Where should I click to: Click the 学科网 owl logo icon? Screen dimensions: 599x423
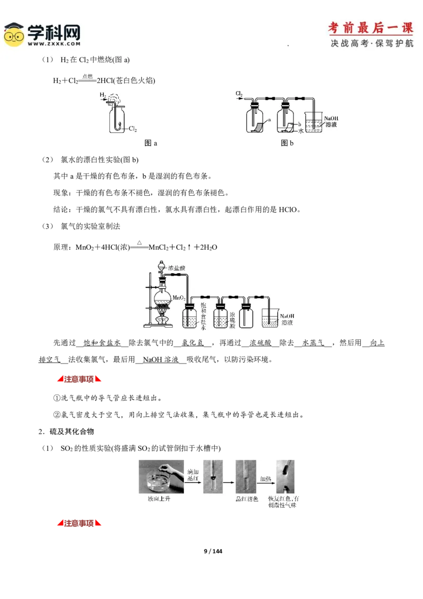pos(14,34)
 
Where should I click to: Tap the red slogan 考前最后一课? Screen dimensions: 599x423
pos(371,28)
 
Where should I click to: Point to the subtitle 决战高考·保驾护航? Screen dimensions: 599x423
pos(372,43)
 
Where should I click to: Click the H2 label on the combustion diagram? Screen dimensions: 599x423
pos(103,95)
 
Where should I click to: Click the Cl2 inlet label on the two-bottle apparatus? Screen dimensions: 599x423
pos(239,94)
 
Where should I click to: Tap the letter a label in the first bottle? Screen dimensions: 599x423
pos(269,120)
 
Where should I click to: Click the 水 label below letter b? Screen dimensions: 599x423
pos(300,130)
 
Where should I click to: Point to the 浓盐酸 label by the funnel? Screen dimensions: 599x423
pos(177,268)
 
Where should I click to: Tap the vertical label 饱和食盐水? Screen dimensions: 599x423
pos(204,316)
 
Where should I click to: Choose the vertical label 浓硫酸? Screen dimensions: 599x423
pos(232,316)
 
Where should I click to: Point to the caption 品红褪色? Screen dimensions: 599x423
pos(247,499)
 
